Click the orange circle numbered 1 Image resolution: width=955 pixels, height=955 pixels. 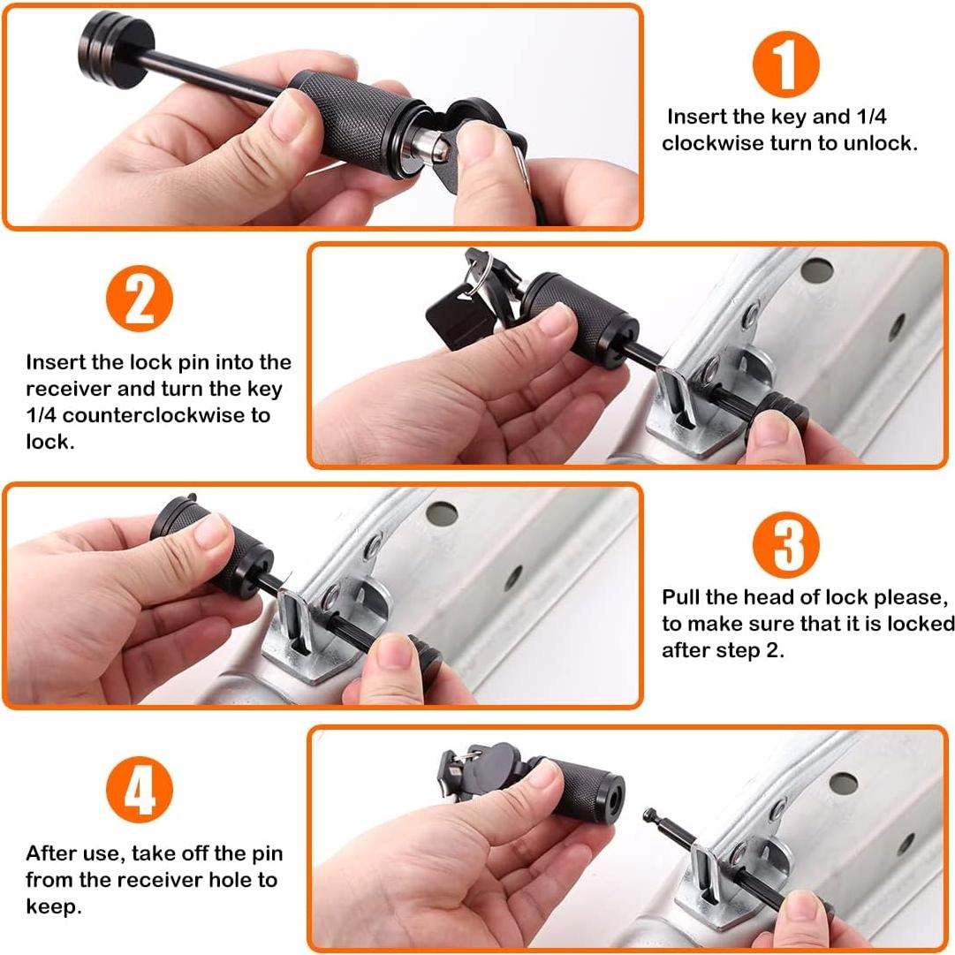[785, 63]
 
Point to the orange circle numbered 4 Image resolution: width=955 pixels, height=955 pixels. [140, 789]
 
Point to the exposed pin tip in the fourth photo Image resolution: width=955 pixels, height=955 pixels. [652, 815]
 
